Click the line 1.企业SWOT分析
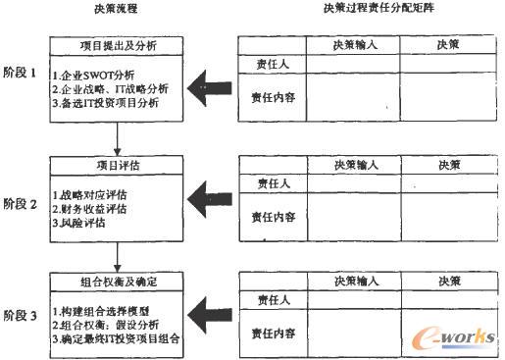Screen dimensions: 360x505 (97, 75)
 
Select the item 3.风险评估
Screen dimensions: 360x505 (87, 223)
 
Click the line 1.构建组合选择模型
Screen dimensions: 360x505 (105, 312)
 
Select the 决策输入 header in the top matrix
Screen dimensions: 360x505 (356, 44)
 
